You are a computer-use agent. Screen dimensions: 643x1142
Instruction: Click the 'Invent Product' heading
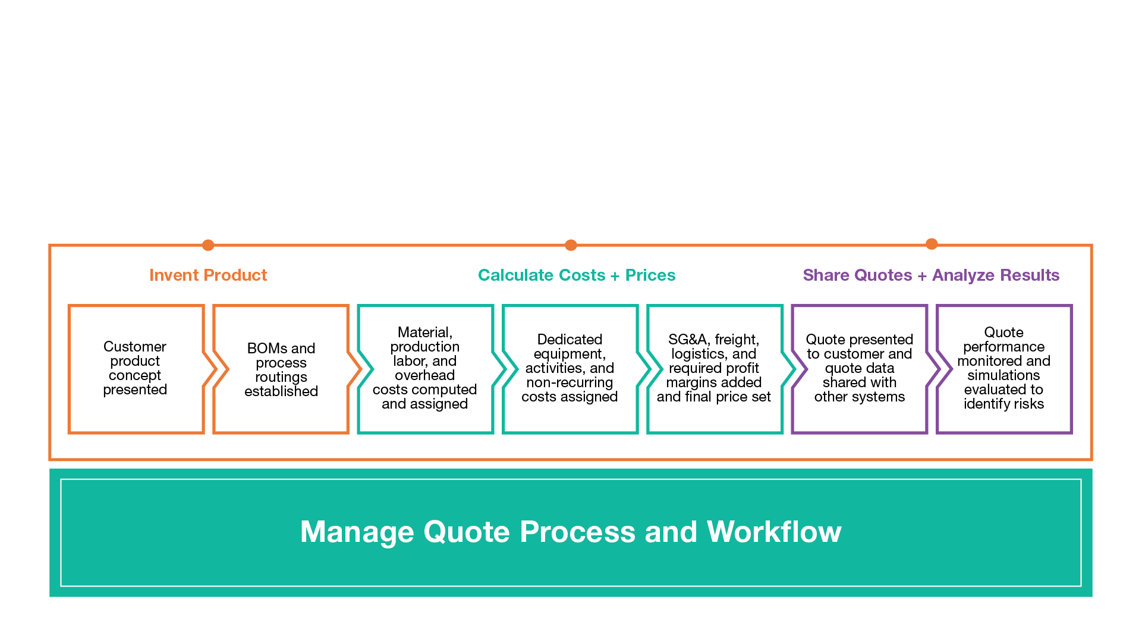point(208,275)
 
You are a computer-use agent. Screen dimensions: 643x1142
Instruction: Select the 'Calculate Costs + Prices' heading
point(577,275)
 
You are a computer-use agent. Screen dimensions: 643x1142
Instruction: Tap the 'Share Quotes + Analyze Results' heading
point(931,275)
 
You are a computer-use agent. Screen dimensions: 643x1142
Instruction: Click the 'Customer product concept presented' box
point(135,369)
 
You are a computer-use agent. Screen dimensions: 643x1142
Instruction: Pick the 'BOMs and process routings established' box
point(281,369)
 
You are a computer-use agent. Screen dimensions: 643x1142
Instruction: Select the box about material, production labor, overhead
point(424,369)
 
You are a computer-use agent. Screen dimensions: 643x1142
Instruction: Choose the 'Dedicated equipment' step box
point(570,369)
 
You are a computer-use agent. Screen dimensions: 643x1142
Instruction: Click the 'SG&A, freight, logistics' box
point(713,369)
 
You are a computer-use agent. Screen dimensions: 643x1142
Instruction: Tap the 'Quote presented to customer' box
point(859,369)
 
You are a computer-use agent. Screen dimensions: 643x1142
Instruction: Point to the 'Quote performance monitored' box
point(1003,369)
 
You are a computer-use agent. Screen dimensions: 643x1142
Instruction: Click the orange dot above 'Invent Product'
point(208,245)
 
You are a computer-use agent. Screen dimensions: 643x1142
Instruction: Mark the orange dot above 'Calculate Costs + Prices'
point(571,245)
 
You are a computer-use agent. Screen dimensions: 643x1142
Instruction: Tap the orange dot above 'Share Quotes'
point(932,244)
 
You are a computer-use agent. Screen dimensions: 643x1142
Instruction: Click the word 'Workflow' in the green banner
point(774,532)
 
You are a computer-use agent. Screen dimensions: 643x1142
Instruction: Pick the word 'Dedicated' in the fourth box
point(570,340)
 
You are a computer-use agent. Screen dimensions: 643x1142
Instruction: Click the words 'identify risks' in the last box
point(1003,404)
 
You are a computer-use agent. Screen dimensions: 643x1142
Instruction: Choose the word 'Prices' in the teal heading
point(650,275)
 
